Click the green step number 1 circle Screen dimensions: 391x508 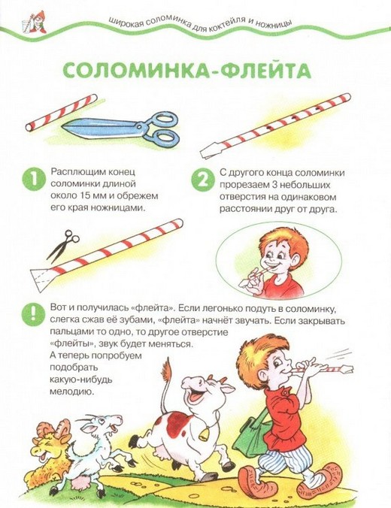pyautogui.click(x=33, y=179)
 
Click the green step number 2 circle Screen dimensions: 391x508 pyautogui.click(x=203, y=180)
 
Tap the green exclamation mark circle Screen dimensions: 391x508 pyautogui.click(x=33, y=313)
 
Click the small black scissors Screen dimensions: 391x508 pyautogui.click(x=63, y=245)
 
